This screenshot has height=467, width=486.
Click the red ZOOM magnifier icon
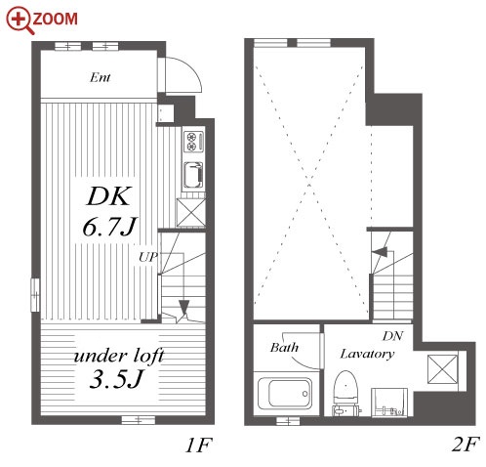(x=19, y=20)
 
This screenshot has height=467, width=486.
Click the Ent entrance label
(x=100, y=77)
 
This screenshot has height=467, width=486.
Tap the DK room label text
(x=109, y=196)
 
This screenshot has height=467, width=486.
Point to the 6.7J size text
(x=110, y=226)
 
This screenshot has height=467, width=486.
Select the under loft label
(x=119, y=356)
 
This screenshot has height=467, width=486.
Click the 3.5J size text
(x=116, y=379)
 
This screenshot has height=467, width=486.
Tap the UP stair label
(x=148, y=257)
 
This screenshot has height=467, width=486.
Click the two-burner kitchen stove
(x=193, y=142)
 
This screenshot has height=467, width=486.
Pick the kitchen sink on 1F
(x=193, y=175)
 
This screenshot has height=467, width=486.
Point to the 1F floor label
(x=198, y=446)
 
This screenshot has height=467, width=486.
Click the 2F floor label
(x=466, y=445)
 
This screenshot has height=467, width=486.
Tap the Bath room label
(x=284, y=348)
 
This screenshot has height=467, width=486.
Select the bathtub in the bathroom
(x=285, y=394)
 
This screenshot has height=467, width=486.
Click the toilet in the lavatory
(x=345, y=393)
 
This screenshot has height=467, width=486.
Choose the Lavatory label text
(x=367, y=354)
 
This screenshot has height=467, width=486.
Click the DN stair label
(x=393, y=336)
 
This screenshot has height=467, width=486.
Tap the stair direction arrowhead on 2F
(x=380, y=252)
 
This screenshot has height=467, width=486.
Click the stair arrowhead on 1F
(x=184, y=307)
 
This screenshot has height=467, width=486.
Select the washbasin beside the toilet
(x=389, y=402)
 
